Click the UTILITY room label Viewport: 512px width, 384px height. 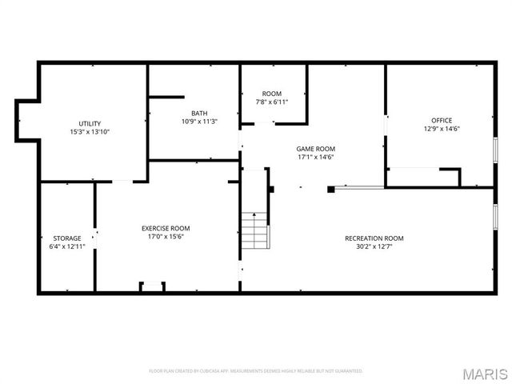tap(90, 123)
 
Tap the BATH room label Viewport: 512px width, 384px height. tap(199, 113)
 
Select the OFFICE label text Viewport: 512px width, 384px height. tap(442, 120)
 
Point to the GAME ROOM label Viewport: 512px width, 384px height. tap(315, 149)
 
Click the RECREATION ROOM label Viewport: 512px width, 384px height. tap(374, 238)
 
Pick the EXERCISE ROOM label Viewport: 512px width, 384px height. tap(166, 228)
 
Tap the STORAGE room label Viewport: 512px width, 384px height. tap(67, 238)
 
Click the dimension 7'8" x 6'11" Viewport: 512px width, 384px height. tap(272, 102)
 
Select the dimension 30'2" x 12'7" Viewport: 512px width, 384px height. tap(374, 246)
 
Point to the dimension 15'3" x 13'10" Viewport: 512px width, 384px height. tap(90, 131)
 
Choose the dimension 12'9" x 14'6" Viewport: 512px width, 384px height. tap(442, 128)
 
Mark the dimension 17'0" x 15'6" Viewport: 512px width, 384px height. tap(166, 236)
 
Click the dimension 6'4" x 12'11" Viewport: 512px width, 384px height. tap(67, 246)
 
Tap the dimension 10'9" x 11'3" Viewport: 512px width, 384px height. tap(199, 122)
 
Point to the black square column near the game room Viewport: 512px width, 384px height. tap(331, 190)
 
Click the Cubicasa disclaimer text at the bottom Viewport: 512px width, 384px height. tap(256, 371)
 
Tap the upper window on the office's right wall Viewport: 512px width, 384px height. tap(496, 150)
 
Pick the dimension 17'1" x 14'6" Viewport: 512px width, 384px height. tap(315, 158)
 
